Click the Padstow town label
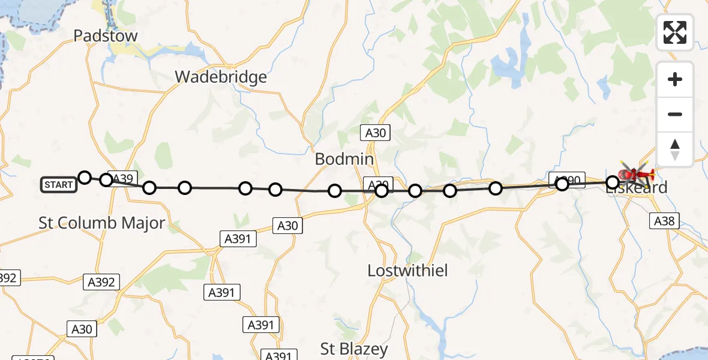coord(106,36)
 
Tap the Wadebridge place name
coord(221,77)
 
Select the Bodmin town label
coord(344,159)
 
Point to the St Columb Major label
coord(101,223)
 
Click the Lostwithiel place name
coord(407,271)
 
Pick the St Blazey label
coord(354,349)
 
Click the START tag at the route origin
coord(59,185)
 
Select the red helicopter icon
coord(636,175)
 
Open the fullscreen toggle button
coord(675,32)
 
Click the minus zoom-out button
coord(675,114)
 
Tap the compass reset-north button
coord(675,149)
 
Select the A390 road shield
coord(566,179)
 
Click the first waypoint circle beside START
coord(85,177)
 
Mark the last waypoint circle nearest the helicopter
coord(613,182)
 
